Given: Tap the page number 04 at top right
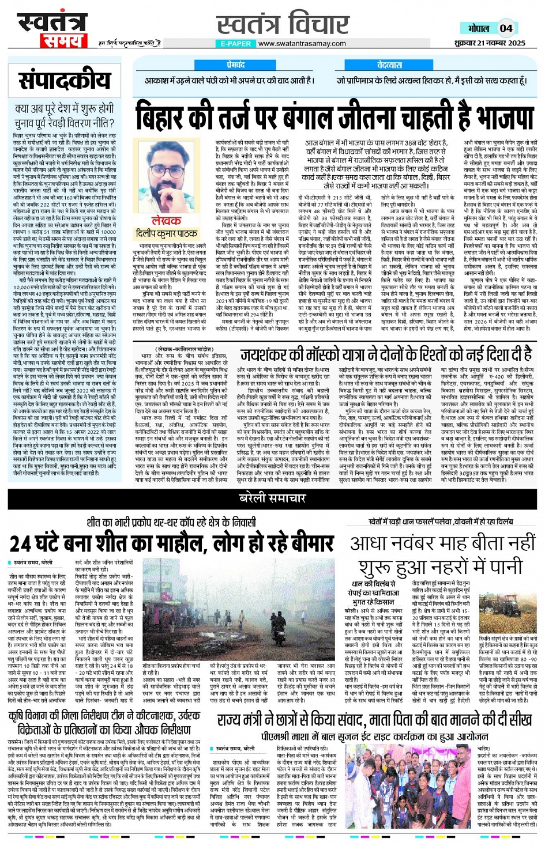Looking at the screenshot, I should pyautogui.click(x=506, y=28).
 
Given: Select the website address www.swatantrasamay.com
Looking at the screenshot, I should pyautogui.click(x=302, y=43).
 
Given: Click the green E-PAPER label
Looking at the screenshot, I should pyautogui.click(x=236, y=43).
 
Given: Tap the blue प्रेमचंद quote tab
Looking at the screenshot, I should pyautogui.click(x=235, y=65).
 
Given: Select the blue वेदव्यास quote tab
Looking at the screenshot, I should pyautogui.click(x=389, y=65).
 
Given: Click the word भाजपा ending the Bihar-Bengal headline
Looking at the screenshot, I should pyautogui.click(x=498, y=117).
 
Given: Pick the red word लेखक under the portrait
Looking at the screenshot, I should pyautogui.click(x=166, y=221).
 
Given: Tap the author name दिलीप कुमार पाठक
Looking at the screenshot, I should pyautogui.click(x=166, y=233).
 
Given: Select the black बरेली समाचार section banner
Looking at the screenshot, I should pyautogui.click(x=272, y=498).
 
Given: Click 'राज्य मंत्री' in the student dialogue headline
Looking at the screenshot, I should pyautogui.click(x=240, y=720).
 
